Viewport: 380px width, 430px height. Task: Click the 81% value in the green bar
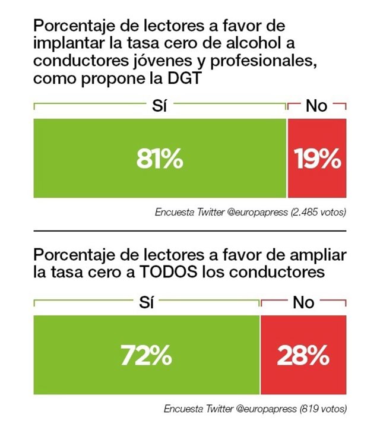(160, 159)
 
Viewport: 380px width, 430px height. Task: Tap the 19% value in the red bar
(317, 159)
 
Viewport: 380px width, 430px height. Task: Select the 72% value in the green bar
(147, 356)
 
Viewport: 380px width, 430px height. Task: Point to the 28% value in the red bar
(303, 356)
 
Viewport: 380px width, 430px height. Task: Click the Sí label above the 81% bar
(160, 106)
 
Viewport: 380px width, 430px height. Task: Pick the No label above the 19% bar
(316, 106)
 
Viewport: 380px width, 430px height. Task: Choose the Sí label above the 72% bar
(147, 303)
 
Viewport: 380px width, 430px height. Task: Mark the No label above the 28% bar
(303, 303)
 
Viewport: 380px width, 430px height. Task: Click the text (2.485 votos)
(318, 211)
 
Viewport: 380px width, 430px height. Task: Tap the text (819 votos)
(322, 409)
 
